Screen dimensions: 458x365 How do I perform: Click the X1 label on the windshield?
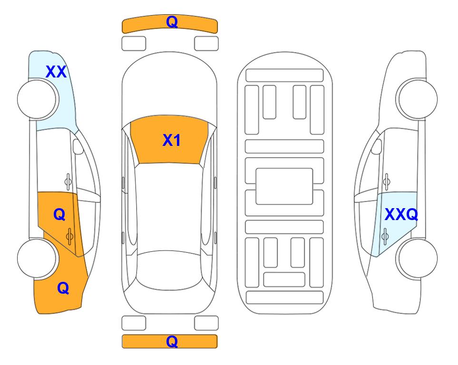click(171, 140)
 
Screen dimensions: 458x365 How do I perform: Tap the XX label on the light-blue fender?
click(56, 72)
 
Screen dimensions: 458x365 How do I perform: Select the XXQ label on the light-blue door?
click(401, 214)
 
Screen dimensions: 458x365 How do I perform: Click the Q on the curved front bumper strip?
click(172, 21)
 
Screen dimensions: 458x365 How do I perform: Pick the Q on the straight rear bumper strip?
click(172, 341)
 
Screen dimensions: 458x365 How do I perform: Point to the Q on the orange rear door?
click(59, 215)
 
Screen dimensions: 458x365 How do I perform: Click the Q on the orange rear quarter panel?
click(63, 288)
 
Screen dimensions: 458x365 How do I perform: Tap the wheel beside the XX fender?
click(38, 99)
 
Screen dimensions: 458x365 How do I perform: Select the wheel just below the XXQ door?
click(417, 258)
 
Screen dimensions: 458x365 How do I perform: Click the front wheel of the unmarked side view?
click(417, 99)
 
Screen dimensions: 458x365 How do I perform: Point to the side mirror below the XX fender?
click(78, 146)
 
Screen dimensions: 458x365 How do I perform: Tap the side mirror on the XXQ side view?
click(376, 146)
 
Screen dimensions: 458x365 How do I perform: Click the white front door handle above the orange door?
click(68, 182)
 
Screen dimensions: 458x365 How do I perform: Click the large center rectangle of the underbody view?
click(284, 186)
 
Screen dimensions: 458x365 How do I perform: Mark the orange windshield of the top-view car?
click(169, 140)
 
